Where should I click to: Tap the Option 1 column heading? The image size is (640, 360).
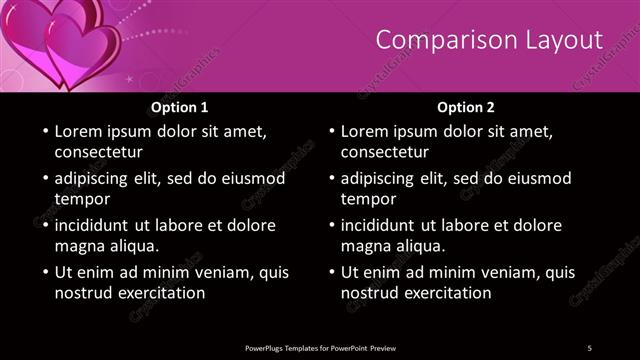180,107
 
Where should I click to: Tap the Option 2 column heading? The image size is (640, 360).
466,107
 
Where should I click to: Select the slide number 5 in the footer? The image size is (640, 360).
590,346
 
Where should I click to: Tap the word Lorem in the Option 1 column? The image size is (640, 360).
79,131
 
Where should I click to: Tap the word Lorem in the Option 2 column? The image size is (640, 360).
365,131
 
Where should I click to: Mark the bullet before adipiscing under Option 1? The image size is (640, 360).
44,178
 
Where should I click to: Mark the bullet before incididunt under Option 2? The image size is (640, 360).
330,225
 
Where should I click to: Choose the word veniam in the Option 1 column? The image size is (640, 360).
200,272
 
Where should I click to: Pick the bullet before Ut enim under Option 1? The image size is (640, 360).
44,272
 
